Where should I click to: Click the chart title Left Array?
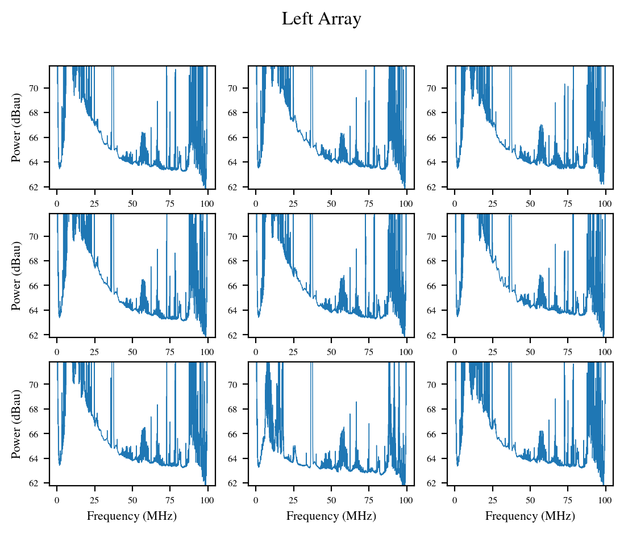point(321,19)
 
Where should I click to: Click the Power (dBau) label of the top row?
point(16,127)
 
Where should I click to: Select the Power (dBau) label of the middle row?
point(16,276)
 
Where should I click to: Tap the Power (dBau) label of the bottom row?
point(16,424)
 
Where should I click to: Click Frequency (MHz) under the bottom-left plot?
point(132,516)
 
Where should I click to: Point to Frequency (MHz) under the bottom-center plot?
point(331,516)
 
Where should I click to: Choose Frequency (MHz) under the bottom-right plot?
point(530,516)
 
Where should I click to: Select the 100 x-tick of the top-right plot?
point(606,197)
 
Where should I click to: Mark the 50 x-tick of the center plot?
point(331,345)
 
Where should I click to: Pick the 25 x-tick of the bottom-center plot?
point(293,493)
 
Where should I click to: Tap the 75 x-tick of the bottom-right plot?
point(568,493)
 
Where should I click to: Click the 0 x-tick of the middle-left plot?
point(57,345)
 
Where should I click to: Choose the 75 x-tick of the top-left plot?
point(170,197)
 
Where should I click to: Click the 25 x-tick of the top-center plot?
point(293,197)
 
